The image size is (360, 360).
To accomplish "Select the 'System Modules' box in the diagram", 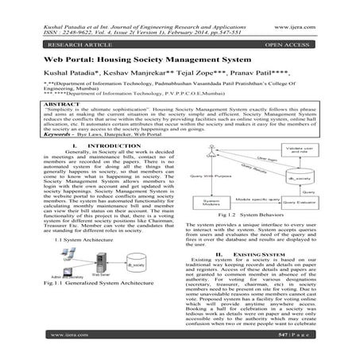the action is pos(209,203).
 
